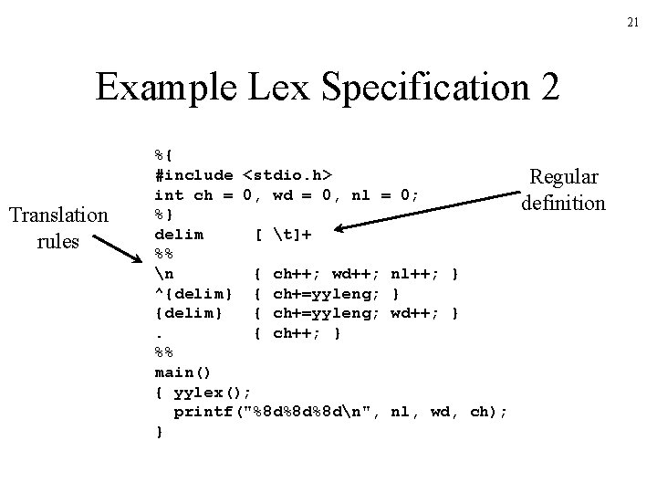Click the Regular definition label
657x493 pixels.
click(562, 190)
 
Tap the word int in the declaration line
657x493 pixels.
click(169, 194)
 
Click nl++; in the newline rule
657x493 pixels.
click(416, 273)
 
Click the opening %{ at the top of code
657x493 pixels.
click(163, 154)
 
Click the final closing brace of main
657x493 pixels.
click(159, 431)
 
